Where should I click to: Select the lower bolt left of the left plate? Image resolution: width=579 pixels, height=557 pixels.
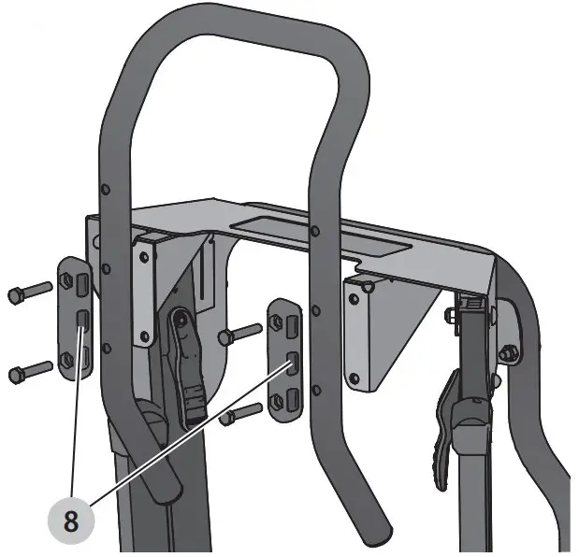27,372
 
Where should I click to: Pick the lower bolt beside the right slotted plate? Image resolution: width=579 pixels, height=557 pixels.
240,411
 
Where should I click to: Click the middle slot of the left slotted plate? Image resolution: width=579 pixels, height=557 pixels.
80,322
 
